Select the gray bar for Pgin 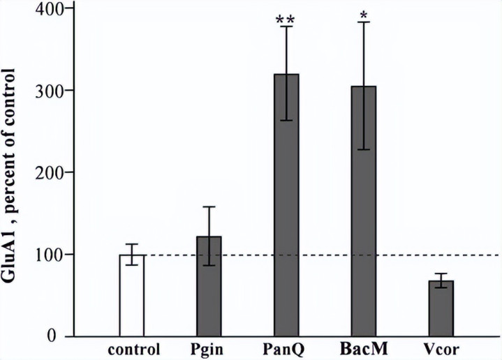point(209,286)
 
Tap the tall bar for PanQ point(286,209)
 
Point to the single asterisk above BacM point(364,15)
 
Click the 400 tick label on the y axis point(44,9)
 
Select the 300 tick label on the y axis point(44,91)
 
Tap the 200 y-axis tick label point(44,172)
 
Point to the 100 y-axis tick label point(44,254)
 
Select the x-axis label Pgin point(209,349)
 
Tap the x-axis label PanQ point(286,349)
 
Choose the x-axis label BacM point(364,348)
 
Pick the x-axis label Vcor point(441,348)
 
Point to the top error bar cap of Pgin point(209,207)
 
